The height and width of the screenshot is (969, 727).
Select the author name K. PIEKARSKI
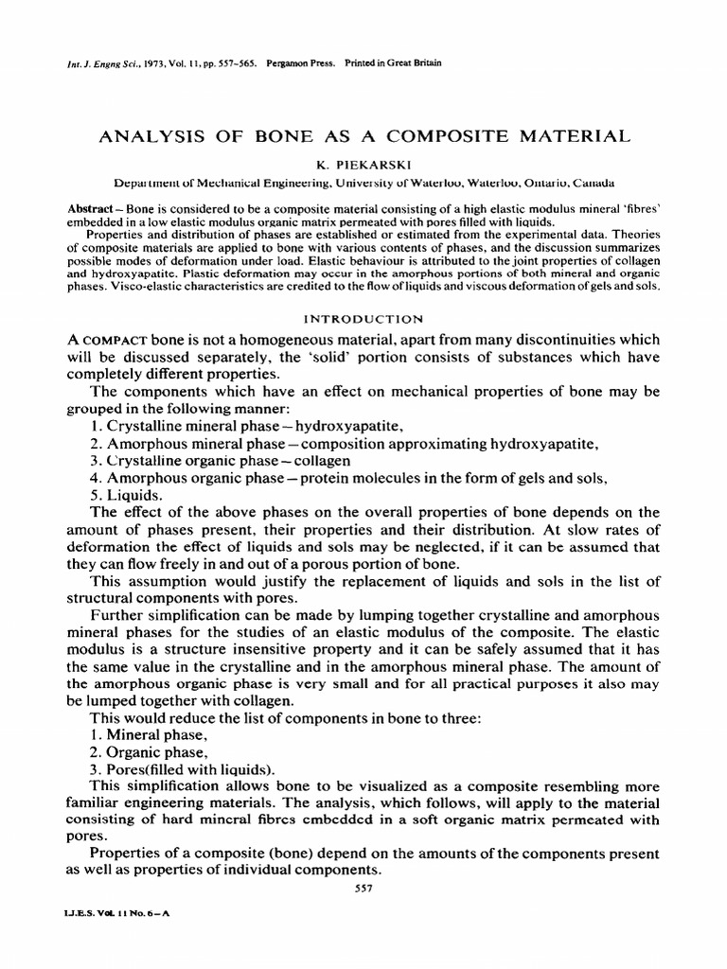pyautogui.click(x=363, y=164)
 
